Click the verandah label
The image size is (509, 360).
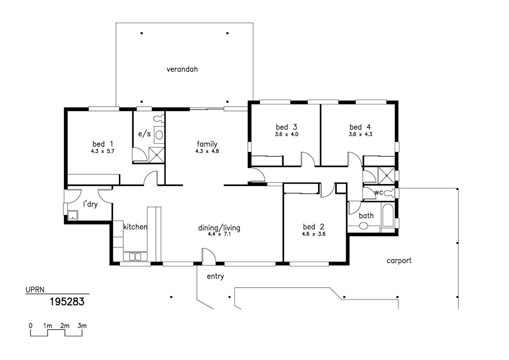(182, 69)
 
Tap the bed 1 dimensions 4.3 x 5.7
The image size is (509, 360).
(103, 151)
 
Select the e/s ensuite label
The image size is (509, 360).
(144, 134)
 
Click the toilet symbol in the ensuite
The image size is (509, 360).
(159, 118)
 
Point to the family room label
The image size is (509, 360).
(207, 144)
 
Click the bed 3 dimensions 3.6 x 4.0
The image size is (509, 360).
(286, 134)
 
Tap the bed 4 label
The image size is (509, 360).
(360, 127)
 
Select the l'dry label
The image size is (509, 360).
(90, 204)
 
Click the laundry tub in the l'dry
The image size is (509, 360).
(73, 215)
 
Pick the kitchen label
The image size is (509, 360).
(135, 227)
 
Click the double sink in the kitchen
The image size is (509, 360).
(135, 257)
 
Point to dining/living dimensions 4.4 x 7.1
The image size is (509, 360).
(219, 234)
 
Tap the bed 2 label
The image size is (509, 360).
(313, 227)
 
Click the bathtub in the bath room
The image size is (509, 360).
(388, 215)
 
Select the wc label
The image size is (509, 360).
(378, 193)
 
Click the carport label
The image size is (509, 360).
(399, 261)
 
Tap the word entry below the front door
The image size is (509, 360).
(216, 277)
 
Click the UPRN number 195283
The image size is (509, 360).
(67, 302)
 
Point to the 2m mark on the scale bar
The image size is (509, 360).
(65, 326)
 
